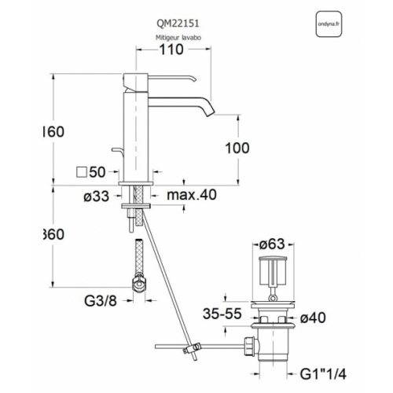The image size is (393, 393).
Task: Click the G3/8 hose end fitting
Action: click(140, 283)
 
